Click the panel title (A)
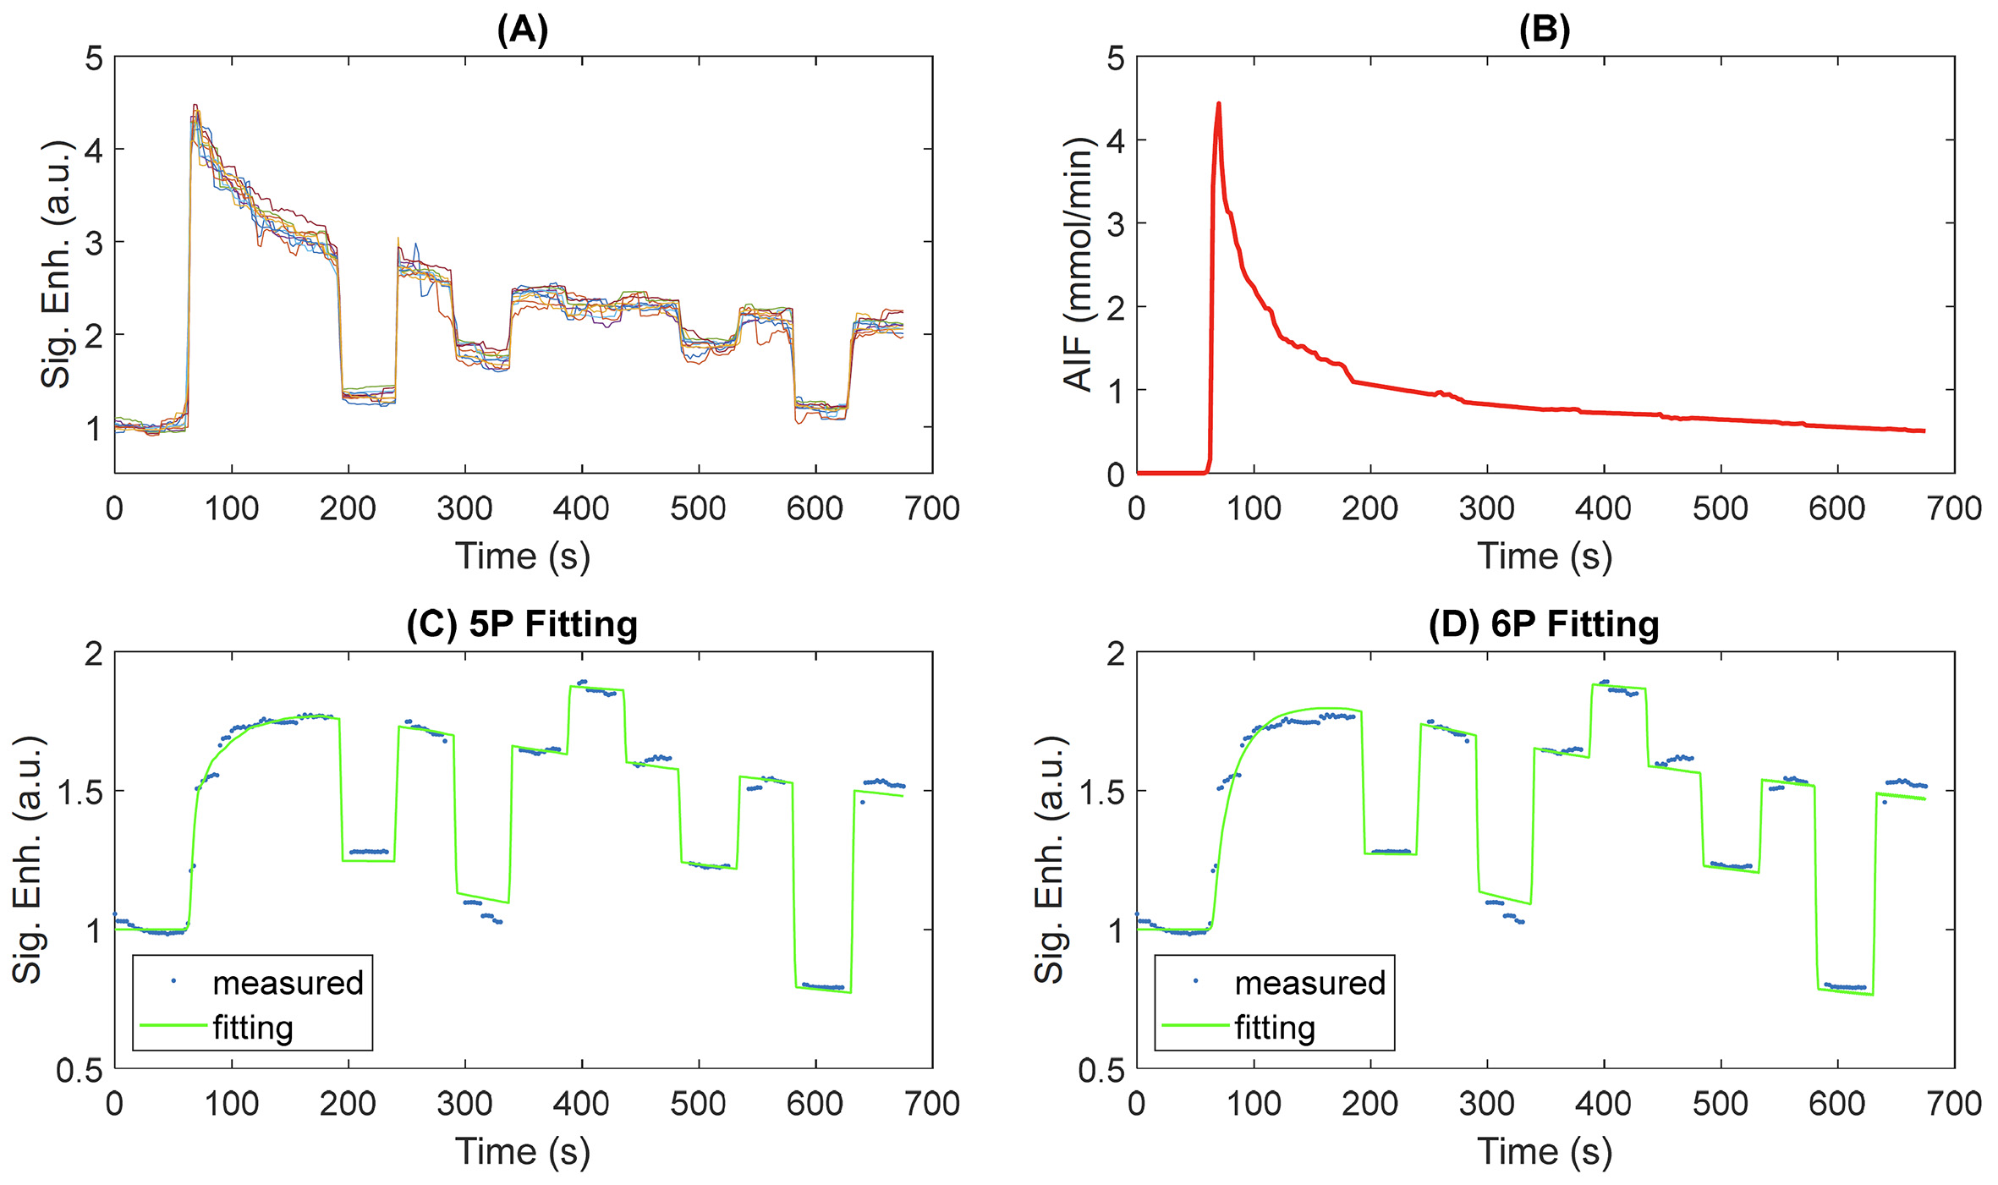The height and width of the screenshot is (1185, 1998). [522, 30]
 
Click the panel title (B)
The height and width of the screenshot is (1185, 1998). [1544, 30]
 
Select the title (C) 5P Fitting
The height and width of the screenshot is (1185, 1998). [522, 625]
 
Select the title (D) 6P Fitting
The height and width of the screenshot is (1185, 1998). [1544, 625]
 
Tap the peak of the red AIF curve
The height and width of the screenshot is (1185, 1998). [1218, 104]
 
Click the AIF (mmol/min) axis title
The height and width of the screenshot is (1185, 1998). [1079, 264]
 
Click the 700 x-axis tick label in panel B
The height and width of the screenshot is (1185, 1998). [1953, 509]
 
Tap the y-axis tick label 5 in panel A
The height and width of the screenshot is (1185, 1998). [94, 59]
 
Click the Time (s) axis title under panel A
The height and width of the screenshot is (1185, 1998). [522, 557]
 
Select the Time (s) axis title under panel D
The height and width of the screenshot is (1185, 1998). [1544, 1151]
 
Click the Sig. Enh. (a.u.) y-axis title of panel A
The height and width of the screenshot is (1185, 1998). [56, 264]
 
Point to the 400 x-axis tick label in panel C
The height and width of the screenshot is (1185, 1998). [581, 1104]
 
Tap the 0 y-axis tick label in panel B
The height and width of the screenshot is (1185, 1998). [1116, 475]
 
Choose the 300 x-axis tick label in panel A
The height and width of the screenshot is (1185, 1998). [464, 509]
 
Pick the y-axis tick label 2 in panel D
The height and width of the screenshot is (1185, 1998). [1116, 654]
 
